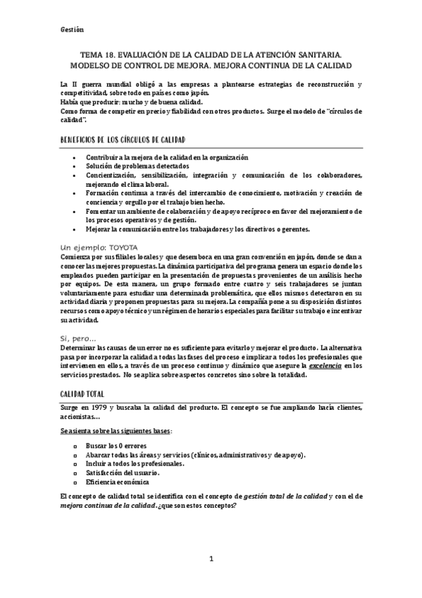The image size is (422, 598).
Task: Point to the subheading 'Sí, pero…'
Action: (x=80, y=340)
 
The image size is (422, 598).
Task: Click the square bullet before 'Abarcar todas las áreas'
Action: (x=75, y=456)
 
